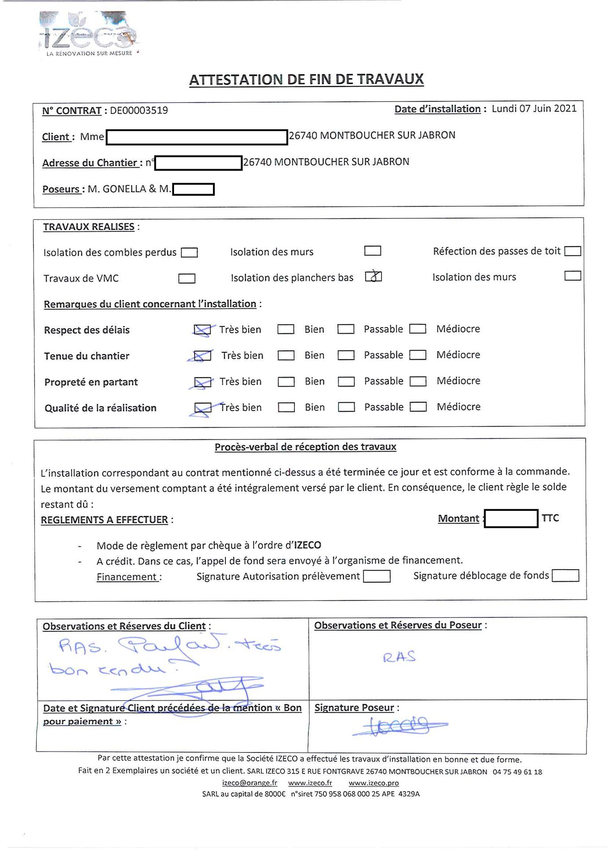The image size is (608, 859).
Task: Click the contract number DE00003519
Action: click(x=139, y=111)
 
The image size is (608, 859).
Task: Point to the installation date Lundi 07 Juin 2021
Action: click(x=534, y=109)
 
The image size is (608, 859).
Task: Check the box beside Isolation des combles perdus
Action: click(x=189, y=253)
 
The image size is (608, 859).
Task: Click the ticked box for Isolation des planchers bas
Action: click(x=373, y=277)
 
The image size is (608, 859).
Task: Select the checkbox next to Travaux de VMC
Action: click(x=187, y=279)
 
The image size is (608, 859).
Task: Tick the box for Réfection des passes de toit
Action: click(x=573, y=251)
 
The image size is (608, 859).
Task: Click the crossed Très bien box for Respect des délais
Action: click(x=202, y=330)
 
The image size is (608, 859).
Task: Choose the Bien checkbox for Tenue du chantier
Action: click(x=286, y=355)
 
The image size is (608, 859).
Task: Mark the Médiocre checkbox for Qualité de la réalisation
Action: click(x=418, y=407)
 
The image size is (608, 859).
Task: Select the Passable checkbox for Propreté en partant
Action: click(x=346, y=382)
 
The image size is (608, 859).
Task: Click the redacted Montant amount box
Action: click(x=511, y=519)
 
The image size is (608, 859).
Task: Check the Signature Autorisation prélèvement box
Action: click(x=377, y=576)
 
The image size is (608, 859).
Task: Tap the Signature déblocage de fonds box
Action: click(x=565, y=575)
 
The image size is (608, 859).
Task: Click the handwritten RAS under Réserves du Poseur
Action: click(x=399, y=657)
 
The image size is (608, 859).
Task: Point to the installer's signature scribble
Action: click(x=398, y=724)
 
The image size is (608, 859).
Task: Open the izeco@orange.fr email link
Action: click(x=250, y=783)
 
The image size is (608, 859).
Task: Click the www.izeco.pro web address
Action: click(x=374, y=783)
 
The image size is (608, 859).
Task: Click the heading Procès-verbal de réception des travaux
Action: click(x=305, y=447)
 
